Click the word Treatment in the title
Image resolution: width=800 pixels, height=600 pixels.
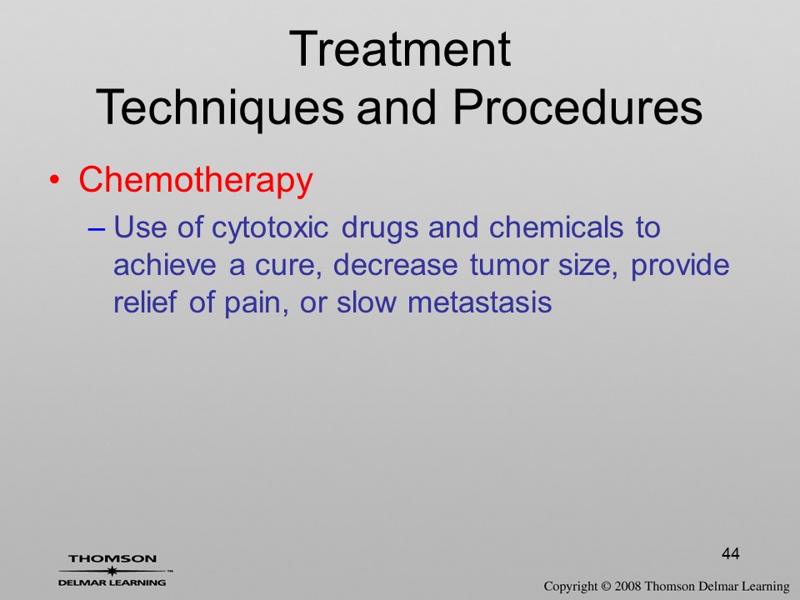399,49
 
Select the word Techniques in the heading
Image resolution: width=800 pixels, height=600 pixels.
220,107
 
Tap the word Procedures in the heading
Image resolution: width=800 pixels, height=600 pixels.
577,107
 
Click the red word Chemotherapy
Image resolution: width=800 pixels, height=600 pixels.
195,180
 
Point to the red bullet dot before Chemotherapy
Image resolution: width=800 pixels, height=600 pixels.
55,180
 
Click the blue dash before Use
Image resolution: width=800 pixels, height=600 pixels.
96,230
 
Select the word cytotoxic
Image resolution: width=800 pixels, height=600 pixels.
270,227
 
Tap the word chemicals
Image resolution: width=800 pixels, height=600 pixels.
556,227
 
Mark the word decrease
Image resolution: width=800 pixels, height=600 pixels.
395,265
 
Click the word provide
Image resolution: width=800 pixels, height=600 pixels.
680,265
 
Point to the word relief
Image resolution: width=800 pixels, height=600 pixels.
145,302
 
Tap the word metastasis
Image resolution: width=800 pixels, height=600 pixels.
480,302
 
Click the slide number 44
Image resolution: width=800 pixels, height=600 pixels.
731,553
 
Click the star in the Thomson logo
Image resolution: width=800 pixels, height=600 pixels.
112,570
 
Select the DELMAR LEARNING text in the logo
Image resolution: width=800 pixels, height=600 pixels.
112,582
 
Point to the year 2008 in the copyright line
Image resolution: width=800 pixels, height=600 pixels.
627,587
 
